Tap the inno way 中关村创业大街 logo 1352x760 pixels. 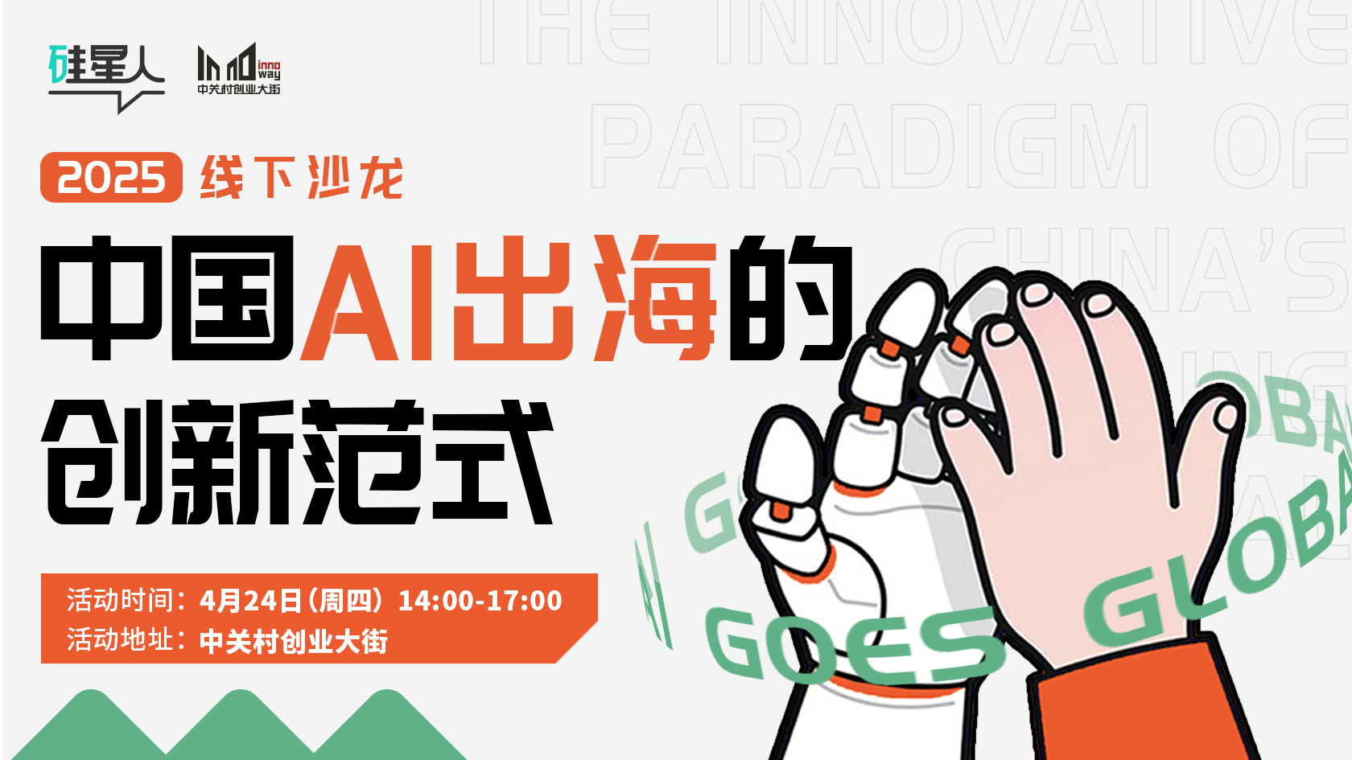[239, 69]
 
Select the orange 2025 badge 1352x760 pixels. [111, 178]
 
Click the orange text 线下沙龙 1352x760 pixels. [302, 178]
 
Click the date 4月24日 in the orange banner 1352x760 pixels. [250, 601]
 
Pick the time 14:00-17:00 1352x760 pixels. [480, 601]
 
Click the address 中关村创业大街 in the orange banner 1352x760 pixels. [294, 642]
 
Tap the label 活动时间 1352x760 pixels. [121, 601]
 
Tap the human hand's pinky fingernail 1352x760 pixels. [1227, 416]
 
